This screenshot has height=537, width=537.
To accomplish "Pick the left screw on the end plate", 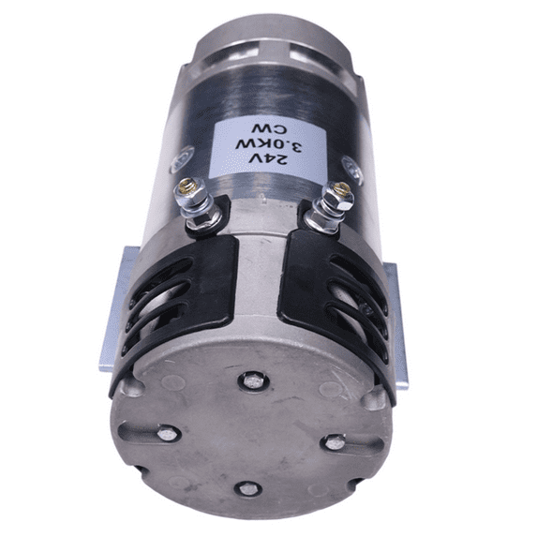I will (x=167, y=434).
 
